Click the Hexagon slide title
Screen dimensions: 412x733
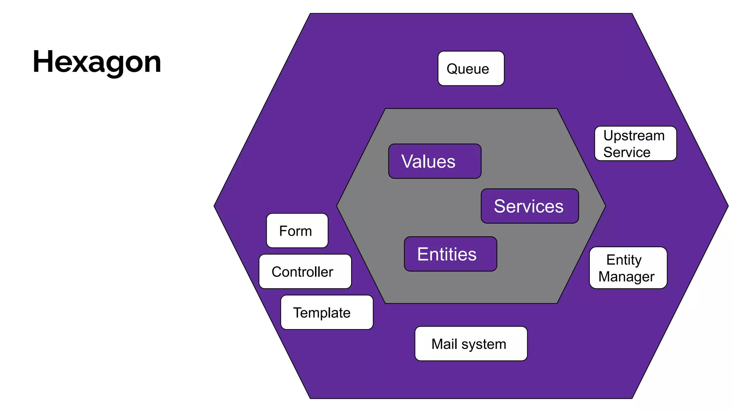point(97,62)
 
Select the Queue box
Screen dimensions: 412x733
point(471,68)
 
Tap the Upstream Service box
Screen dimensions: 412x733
point(635,143)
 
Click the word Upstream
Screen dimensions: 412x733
point(634,136)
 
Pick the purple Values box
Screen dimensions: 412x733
point(435,161)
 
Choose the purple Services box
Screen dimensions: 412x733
point(529,206)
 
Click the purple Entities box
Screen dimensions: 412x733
point(450,254)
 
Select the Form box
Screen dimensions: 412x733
point(297,231)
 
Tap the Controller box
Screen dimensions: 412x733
point(305,271)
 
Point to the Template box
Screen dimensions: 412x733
point(326,312)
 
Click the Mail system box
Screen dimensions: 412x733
point(471,344)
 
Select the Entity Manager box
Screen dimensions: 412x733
point(628,268)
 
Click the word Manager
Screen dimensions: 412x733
point(626,276)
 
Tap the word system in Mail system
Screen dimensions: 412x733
point(484,344)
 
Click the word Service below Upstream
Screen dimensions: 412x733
point(626,152)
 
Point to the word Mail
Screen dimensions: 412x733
point(444,344)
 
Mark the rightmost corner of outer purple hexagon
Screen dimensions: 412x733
point(728,206)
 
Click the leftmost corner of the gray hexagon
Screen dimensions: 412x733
point(338,206)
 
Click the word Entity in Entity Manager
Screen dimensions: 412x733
point(624,260)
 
